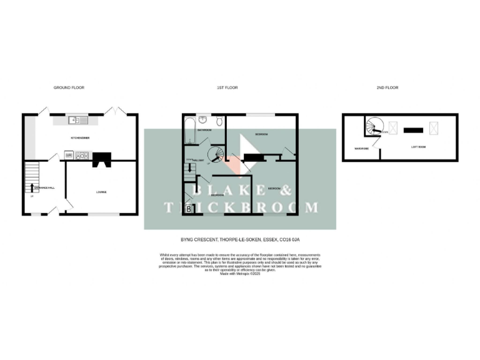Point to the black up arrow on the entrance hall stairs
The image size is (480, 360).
pyautogui.click(x=32, y=187)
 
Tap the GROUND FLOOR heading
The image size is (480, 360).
pyautogui.click(x=69, y=87)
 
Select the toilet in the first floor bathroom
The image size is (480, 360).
pyautogui.click(x=217, y=122)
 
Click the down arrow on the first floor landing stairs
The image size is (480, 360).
pyautogui.click(x=189, y=168)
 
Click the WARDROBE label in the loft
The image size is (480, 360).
pyautogui.click(x=361, y=149)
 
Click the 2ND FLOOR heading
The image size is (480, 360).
pyautogui.click(x=388, y=87)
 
